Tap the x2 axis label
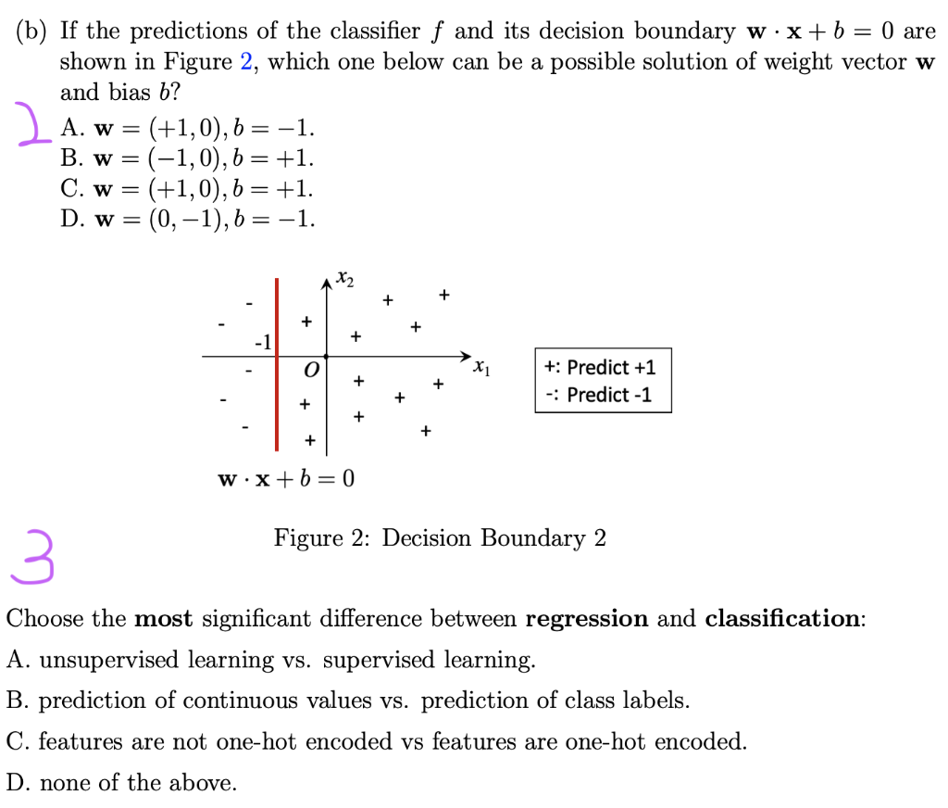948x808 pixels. tap(343, 277)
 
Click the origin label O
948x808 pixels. tap(312, 371)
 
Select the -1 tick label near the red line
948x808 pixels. tap(263, 342)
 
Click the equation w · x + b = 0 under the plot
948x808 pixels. tap(285, 479)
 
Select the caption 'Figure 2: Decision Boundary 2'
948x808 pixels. tap(440, 538)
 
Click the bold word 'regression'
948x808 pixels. tap(587, 619)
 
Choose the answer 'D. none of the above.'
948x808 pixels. tap(121, 783)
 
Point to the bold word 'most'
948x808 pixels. tap(164, 619)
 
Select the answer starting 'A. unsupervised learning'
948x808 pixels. tap(270, 660)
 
